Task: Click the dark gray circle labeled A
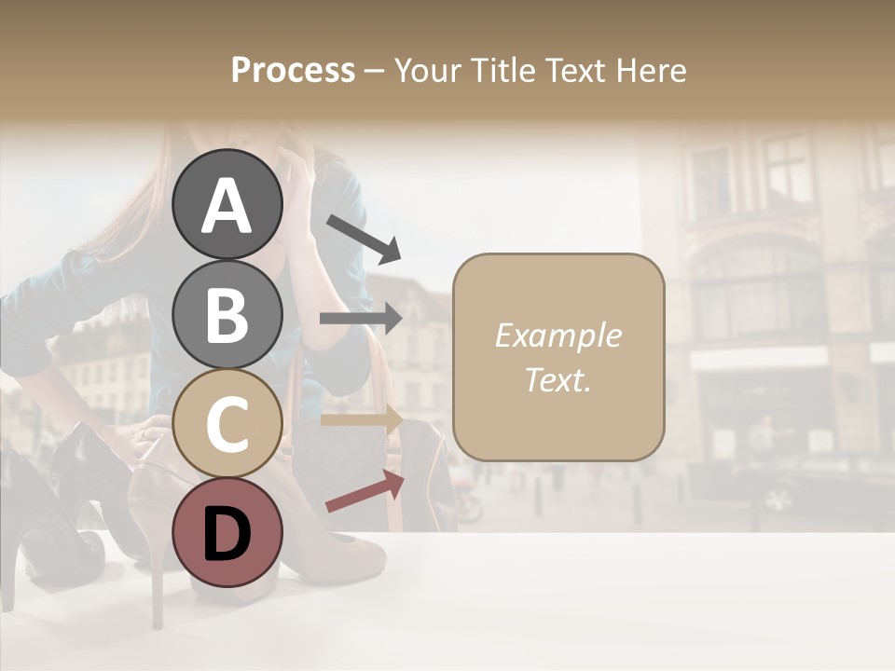pyautogui.click(x=227, y=205)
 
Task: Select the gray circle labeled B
pyautogui.click(x=227, y=314)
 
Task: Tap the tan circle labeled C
pyautogui.click(x=227, y=423)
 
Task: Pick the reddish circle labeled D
pyautogui.click(x=227, y=532)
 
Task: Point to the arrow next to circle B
pyautogui.click(x=361, y=319)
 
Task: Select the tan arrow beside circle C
pyautogui.click(x=362, y=418)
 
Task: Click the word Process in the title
pyautogui.click(x=293, y=70)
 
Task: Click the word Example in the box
pyautogui.click(x=558, y=335)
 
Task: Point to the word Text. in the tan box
pyautogui.click(x=558, y=380)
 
